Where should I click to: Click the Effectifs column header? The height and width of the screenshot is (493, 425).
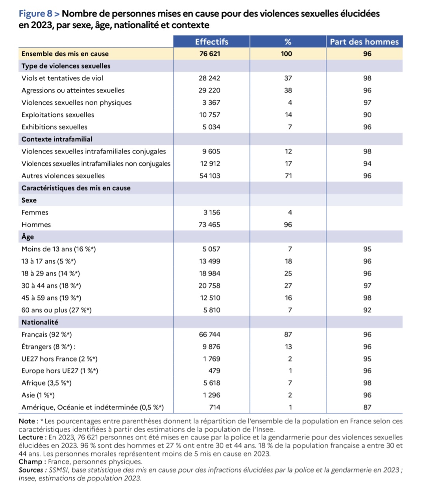[211, 42]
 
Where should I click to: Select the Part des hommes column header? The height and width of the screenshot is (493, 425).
[364, 42]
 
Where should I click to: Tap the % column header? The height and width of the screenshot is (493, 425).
[288, 42]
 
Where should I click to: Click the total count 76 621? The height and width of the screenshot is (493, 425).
[209, 54]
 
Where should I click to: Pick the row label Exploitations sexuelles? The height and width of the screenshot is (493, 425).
[58, 115]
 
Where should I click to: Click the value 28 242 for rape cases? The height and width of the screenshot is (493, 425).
[209, 78]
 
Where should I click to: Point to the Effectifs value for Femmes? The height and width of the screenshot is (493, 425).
[212, 212]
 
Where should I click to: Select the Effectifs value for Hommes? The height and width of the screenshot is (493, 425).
[209, 225]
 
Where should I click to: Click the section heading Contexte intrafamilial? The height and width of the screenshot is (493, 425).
[57, 139]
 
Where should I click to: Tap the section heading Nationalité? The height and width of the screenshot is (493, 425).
[40, 322]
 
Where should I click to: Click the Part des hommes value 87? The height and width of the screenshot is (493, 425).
[367, 408]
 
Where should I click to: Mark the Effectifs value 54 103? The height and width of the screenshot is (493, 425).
[209, 176]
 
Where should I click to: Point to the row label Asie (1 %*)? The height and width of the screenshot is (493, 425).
[38, 395]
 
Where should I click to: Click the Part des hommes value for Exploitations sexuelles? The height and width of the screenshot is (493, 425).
[367, 115]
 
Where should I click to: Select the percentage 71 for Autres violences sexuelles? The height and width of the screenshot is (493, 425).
[288, 176]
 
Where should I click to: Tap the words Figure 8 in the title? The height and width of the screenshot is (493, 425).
[35, 14]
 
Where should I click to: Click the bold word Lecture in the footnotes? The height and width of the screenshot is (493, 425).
[30, 438]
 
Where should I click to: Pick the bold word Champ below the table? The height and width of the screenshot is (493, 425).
[30, 462]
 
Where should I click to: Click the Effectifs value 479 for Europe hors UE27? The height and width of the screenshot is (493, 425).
[214, 371]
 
